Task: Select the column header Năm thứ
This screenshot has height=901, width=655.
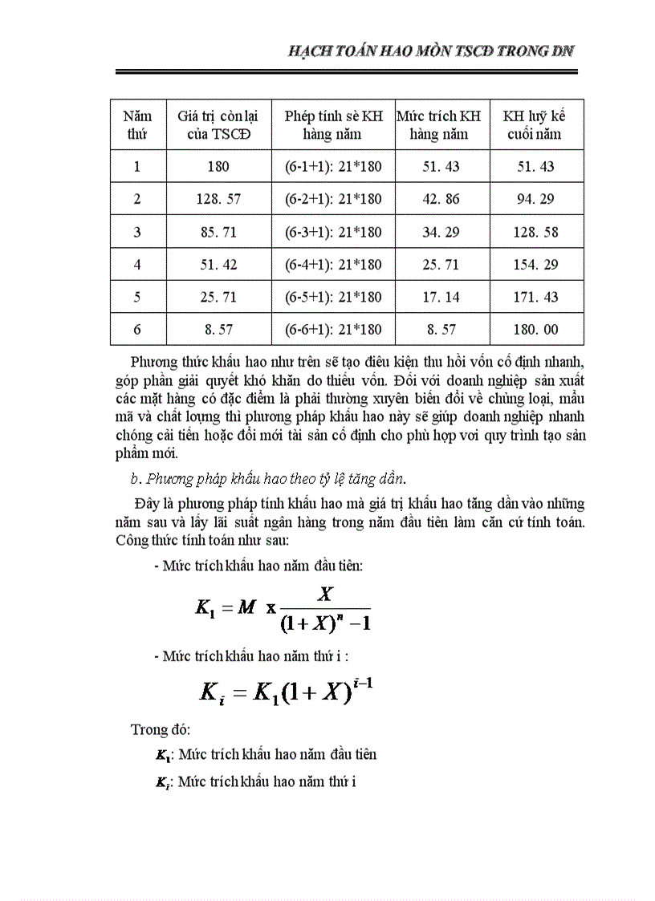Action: coord(137,124)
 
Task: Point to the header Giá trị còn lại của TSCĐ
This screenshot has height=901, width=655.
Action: coord(218,124)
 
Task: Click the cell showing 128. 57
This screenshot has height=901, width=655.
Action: coord(219,199)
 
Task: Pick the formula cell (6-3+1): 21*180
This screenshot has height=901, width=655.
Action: coord(333,232)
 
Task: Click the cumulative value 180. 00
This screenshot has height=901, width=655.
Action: coord(536,329)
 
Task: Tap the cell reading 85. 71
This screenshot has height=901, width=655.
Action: coord(219,232)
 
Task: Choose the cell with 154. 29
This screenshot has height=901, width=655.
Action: coord(536,264)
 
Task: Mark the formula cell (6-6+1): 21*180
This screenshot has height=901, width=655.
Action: coord(333,329)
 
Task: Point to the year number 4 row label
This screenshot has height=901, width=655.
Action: coord(137,264)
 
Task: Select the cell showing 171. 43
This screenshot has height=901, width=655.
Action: coord(536,297)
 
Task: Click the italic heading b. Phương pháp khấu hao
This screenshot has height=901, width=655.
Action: coord(267,479)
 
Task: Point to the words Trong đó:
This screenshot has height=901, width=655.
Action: coord(160,729)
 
